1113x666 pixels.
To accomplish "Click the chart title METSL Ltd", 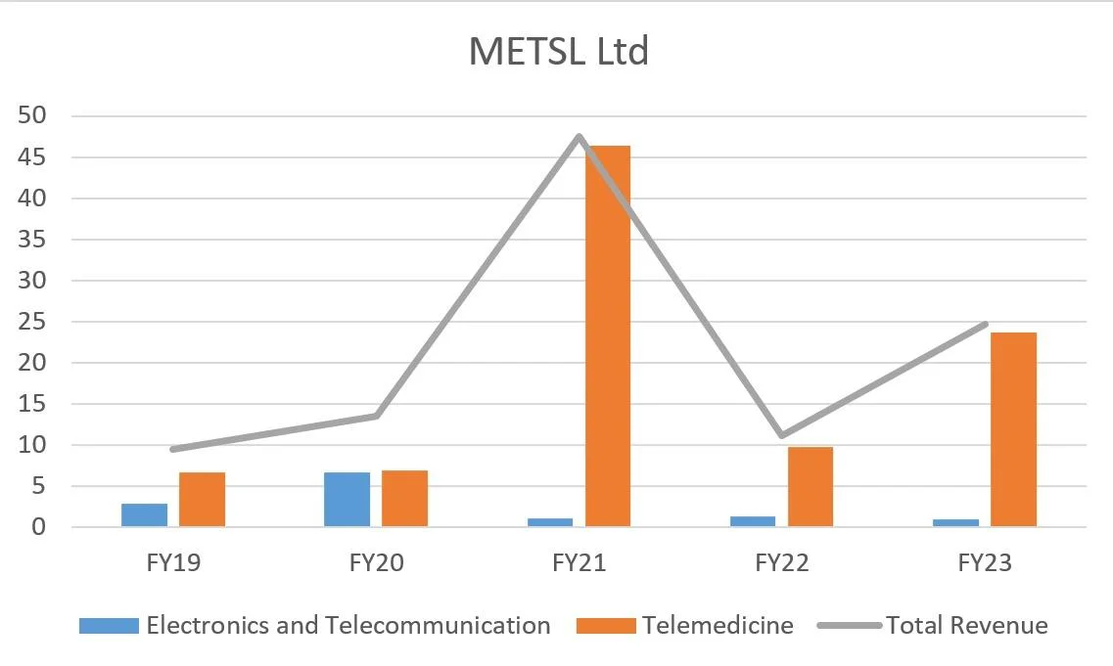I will pos(558,51).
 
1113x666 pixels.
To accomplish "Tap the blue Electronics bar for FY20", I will pos(347,500).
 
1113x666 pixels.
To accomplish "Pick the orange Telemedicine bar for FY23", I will pos(1013,429).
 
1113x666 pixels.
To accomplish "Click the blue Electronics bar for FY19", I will pos(144,515).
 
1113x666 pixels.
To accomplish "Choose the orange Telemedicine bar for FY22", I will pos(811,487).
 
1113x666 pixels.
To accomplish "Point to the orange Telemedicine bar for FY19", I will pos(202,500).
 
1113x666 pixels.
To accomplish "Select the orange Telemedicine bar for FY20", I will pos(404,499).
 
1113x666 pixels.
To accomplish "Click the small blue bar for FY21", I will pos(550,522).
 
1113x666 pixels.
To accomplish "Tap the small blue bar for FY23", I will pos(955,523).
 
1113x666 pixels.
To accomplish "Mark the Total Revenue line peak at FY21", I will pos(580,136).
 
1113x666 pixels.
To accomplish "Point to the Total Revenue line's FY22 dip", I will pos(782,435).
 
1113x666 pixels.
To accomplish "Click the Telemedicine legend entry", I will pos(717,626).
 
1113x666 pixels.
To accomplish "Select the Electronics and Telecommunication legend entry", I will pos(348,626).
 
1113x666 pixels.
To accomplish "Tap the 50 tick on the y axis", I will pos(32,115).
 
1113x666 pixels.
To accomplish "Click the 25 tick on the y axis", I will pos(32,322).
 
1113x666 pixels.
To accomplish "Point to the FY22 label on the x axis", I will pos(782,564).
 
